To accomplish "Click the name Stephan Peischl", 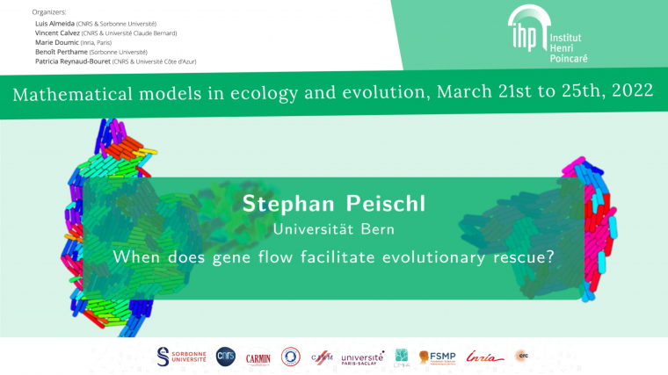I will point(333,205).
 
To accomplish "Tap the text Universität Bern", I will point(333,229).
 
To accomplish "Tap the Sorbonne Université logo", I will point(181,356).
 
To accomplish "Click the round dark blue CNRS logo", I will point(226,356).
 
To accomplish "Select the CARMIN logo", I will point(258,357).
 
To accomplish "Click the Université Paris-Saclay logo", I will point(362,357).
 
